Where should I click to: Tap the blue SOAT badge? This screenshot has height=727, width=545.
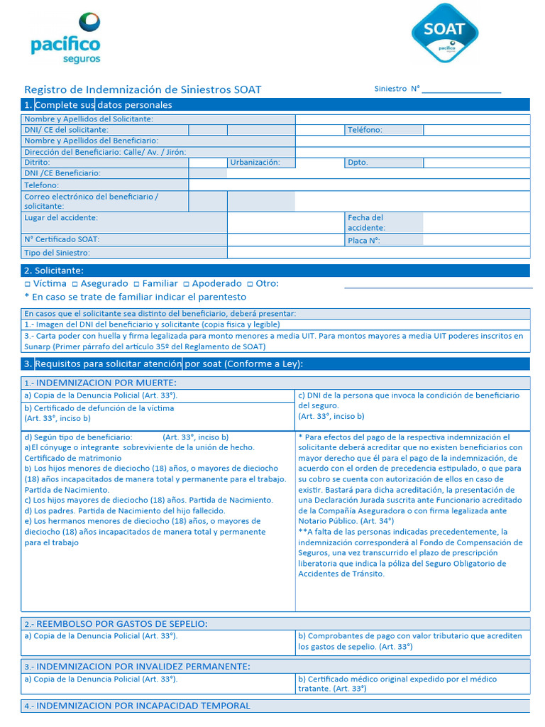445,33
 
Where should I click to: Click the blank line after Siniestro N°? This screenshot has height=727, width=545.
462,90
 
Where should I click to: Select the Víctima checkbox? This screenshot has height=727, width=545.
27,284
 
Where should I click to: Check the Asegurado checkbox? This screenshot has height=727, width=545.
75,284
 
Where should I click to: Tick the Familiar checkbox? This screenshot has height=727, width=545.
136,284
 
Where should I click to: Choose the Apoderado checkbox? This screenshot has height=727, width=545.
186,284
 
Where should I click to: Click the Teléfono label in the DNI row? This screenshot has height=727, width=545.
365,130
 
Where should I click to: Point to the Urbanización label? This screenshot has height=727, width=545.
254,163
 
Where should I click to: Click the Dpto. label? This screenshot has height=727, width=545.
358,163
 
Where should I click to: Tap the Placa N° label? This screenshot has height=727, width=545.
363,241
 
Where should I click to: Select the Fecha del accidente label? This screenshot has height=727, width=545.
366,223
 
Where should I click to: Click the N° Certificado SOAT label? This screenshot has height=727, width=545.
62,240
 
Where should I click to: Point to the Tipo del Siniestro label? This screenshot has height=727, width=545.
57,253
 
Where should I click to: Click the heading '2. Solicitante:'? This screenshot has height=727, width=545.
54,270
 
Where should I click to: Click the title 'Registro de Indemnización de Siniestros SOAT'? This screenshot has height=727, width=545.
143,90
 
